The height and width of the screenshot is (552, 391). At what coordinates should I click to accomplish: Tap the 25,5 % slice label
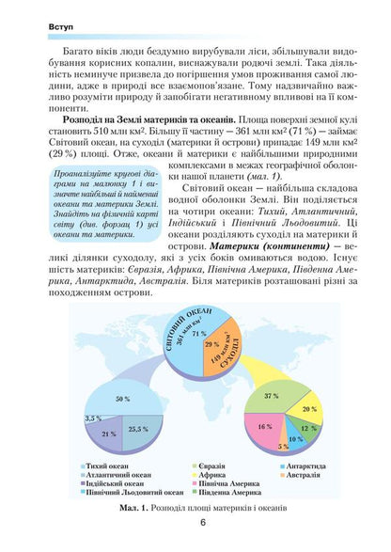pos(138,428)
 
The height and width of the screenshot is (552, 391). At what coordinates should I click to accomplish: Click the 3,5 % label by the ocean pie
pos(93,417)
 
